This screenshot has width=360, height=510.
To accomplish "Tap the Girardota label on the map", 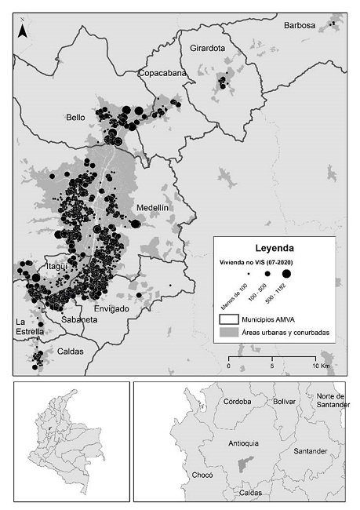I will pos(208,49).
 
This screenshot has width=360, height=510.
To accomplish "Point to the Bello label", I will pos(75,118).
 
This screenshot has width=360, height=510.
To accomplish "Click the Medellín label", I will pos(152,207).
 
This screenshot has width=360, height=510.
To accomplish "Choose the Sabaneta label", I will pos(78,320).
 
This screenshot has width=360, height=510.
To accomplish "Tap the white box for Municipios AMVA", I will pos(229,319).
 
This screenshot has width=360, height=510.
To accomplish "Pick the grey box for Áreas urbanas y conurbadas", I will pos(229,333).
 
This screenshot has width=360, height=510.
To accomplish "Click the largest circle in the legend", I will pos(288,273).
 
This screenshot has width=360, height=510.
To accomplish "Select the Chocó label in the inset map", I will pos(202,475).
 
